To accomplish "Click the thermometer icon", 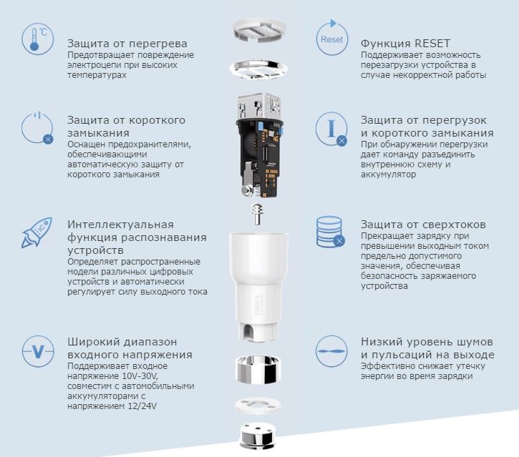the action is tap(37, 39).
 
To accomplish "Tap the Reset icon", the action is tap(331, 38).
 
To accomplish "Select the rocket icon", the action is tap(37, 232).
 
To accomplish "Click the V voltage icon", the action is tap(38, 352).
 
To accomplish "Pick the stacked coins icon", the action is tap(330, 232).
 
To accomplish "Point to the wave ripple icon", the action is tap(331, 351).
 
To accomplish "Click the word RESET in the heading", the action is tap(432, 44).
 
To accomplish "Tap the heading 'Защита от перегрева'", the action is tap(127, 44).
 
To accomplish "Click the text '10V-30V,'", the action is tap(140, 376).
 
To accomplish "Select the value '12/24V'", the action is tap(142, 406).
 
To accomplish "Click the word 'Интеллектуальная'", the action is tap(120, 225).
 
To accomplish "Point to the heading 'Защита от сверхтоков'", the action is tap(423, 225).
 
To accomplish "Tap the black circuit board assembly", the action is tap(259, 146).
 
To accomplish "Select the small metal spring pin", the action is tap(257, 214).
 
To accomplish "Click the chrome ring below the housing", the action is tap(258, 369).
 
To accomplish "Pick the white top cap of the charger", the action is tap(258, 31).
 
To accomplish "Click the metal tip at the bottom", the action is tap(258, 436).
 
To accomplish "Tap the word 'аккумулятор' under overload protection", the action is tap(388, 175).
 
